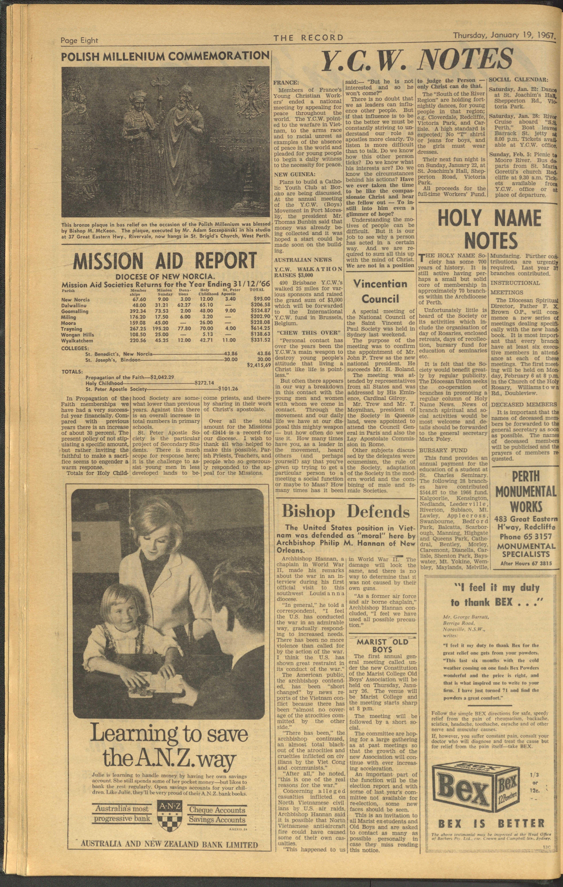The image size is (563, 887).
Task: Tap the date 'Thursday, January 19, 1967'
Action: click(503, 36)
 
